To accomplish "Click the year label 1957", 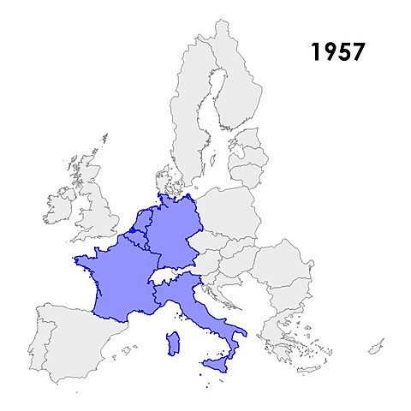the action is coord(337,51).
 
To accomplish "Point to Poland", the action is coord(227,214).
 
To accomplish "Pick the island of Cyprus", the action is coord(375,347).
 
